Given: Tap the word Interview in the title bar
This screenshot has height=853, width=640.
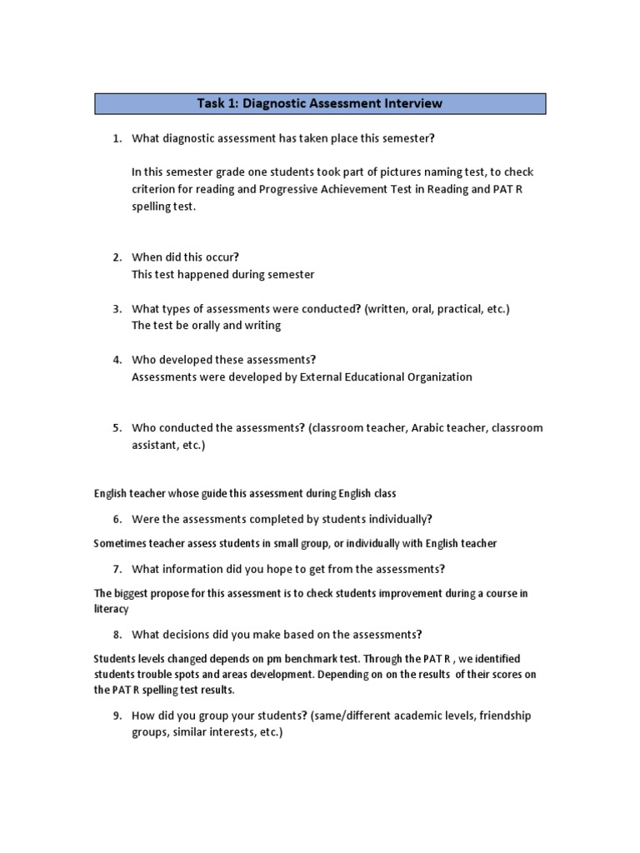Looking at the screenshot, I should point(412,104).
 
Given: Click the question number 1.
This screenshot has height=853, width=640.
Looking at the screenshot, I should point(117,137).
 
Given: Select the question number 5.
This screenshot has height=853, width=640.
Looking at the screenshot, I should point(117,428).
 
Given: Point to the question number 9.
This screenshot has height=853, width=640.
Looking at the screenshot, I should point(117,716).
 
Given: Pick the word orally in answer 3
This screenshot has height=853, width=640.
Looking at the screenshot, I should point(205,326).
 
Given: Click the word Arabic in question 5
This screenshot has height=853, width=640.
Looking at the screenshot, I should point(400,428).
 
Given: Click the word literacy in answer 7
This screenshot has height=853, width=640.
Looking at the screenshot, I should point(111,609).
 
